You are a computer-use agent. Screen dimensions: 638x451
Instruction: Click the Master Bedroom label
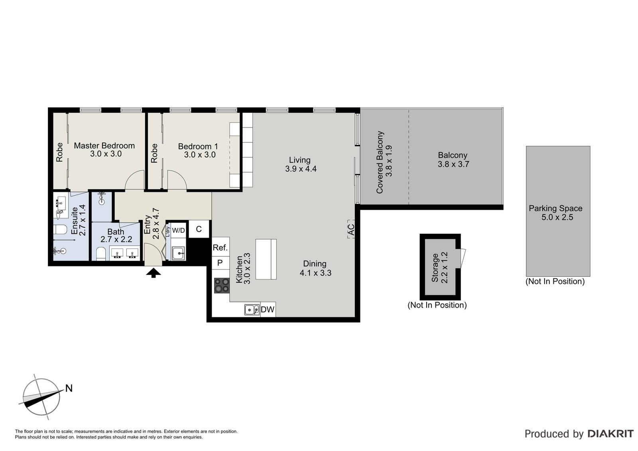(104, 146)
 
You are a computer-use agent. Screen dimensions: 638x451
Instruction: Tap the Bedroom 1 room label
(198, 146)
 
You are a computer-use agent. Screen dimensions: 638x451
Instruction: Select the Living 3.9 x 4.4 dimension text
(301, 169)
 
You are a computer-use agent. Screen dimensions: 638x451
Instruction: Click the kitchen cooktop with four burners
(222, 286)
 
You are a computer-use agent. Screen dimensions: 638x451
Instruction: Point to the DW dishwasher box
(268, 309)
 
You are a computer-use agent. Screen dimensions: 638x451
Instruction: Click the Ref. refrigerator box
(221, 247)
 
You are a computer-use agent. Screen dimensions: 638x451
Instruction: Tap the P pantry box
(221, 263)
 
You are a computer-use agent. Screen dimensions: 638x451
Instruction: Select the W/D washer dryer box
(179, 230)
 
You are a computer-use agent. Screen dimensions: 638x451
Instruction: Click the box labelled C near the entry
(199, 229)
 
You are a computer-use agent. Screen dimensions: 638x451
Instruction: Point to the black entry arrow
(154, 273)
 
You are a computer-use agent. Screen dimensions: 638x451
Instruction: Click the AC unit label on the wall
(351, 229)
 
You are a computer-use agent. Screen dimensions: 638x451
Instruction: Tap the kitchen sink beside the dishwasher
(252, 310)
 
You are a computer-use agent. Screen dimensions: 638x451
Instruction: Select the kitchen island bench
(266, 259)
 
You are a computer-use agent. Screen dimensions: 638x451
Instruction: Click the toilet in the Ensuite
(60, 229)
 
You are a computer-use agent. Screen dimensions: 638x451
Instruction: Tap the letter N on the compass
(69, 388)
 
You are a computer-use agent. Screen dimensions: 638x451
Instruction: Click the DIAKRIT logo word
(610, 434)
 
